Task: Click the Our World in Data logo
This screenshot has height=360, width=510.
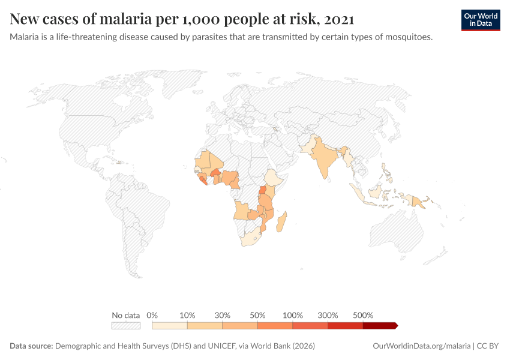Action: pyautogui.click(x=480, y=20)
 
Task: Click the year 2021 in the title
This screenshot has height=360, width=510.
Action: pyautogui.click(x=338, y=19)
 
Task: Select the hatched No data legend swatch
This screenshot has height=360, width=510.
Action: pyautogui.click(x=125, y=326)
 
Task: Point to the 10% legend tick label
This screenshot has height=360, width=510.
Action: pyautogui.click(x=188, y=315)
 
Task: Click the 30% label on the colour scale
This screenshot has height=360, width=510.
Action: pyautogui.click(x=223, y=315)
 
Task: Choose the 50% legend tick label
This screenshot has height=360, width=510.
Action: pyautogui.click(x=257, y=315)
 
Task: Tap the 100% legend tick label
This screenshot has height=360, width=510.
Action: pyautogui.click(x=293, y=315)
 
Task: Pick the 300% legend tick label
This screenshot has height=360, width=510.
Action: pyautogui.click(x=328, y=315)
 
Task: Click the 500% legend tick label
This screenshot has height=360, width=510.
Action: pyautogui.click(x=363, y=315)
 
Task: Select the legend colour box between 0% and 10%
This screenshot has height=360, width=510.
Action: pyautogui.click(x=170, y=326)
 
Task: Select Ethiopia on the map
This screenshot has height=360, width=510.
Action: pyautogui.click(x=274, y=178)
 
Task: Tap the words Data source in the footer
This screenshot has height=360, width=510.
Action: pyautogui.click(x=31, y=346)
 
